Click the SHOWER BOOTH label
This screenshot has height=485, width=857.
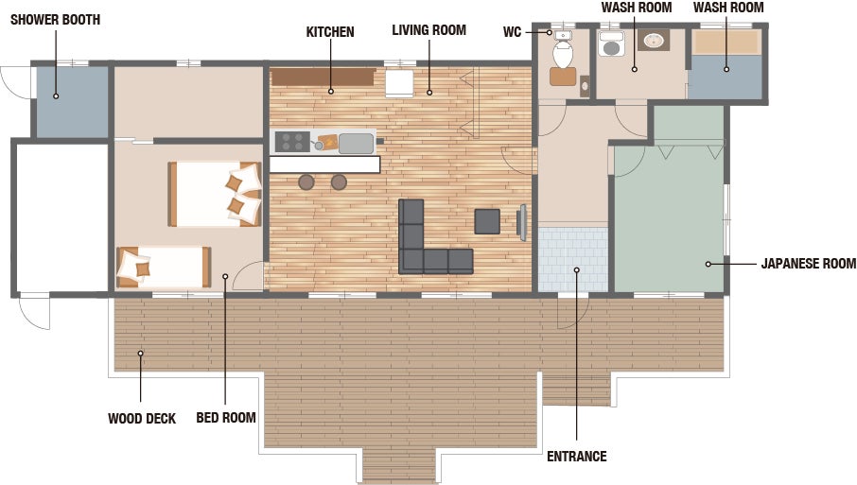(55, 20)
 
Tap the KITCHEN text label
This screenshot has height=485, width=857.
(330, 32)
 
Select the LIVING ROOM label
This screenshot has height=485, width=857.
(429, 30)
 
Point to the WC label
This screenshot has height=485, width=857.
(512, 32)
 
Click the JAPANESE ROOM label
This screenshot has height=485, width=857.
(809, 264)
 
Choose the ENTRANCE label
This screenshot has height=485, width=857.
(577, 456)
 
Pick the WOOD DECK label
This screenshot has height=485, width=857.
(142, 419)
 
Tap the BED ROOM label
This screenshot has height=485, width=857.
(226, 418)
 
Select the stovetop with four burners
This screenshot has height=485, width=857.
(292, 142)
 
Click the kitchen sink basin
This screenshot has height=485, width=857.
(356, 144)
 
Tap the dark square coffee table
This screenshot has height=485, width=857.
(487, 221)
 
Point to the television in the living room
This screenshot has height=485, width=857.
(522, 222)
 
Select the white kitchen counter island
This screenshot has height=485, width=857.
(324, 165)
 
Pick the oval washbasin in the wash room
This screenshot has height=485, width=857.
(654, 40)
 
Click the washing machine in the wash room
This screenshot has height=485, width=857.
(610, 44)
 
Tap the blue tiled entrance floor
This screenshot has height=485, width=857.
(573, 259)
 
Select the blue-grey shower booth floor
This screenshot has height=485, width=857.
(72, 102)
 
